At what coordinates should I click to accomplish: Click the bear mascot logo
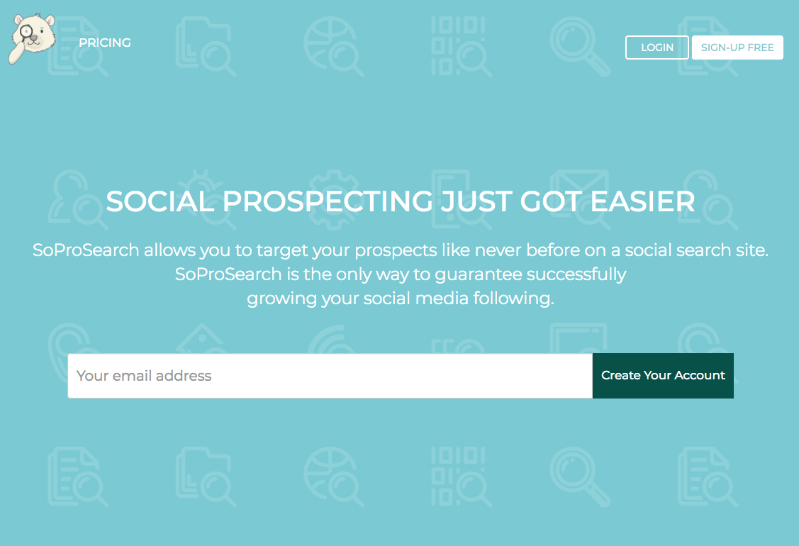point(31,38)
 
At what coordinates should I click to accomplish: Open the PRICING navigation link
point(105,43)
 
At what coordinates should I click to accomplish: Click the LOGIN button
point(656,48)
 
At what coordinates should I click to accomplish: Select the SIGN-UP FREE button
point(737,48)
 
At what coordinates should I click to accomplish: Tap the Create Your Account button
point(663,376)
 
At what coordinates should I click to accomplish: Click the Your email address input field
point(330,376)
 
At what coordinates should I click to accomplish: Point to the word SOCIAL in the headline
point(160,202)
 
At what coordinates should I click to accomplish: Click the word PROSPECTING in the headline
point(328,202)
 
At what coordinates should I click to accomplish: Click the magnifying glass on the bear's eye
point(27,31)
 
